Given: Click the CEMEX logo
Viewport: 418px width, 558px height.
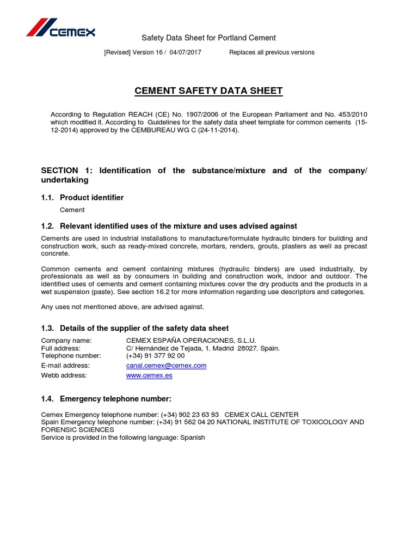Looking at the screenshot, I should coord(61,28).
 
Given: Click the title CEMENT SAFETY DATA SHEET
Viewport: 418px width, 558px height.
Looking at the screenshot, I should coord(208,91).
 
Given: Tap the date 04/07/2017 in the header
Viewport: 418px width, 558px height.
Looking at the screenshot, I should coord(185,52).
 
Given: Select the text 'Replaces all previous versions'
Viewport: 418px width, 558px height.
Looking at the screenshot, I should coord(272,52).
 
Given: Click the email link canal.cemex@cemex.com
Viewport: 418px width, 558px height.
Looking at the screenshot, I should coord(166,366).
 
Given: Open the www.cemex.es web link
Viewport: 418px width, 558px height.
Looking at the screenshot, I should coord(149,375).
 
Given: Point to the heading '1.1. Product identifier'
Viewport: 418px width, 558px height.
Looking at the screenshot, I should coord(82,197).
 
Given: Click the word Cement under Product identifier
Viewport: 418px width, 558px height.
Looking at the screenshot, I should coord(72,210).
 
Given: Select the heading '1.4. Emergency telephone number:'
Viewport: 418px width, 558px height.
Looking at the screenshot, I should coord(106,399).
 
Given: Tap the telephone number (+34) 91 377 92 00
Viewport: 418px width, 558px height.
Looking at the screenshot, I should coord(155,356).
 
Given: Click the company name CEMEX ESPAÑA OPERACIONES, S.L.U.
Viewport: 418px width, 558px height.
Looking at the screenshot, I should coord(187,341).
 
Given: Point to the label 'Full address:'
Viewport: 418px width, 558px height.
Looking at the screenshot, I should coord(60,348).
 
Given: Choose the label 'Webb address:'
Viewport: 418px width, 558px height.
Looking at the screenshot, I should coord(64,375).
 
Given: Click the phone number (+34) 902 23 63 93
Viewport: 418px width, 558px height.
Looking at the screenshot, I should coord(190,415).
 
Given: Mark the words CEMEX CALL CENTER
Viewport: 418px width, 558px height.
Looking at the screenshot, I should coord(261,415).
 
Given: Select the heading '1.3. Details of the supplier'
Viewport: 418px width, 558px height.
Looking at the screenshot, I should coord(135,328).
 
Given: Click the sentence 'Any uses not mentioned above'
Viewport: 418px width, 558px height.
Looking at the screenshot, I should coord(122,307).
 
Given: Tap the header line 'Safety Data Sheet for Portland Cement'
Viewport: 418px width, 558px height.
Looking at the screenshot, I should coord(208,38).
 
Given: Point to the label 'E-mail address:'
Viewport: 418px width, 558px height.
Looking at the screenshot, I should coord(65,366).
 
